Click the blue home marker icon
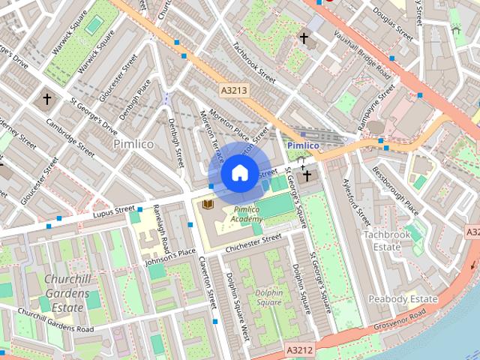coord(238,173)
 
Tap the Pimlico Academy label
coord(247,214)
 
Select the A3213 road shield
coord(233,89)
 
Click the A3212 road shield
coord(299,349)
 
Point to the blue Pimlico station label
coord(303,145)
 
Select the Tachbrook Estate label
coord(388,240)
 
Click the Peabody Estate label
coord(403,298)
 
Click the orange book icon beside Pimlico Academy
coord(208,203)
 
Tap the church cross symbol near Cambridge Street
coord(47,98)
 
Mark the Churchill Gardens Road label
coord(55,319)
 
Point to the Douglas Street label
coord(394,25)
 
